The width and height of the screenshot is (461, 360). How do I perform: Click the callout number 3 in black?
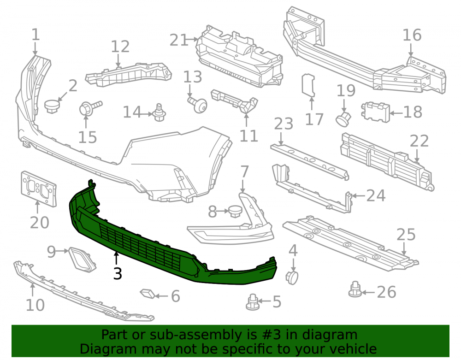click(x=118, y=274)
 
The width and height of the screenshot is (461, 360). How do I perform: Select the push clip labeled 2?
click(x=52, y=106)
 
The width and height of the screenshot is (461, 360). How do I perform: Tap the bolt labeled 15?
click(x=90, y=108)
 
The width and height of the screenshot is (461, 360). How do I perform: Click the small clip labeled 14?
click(x=160, y=113)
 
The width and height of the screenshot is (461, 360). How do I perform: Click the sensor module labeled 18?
click(x=375, y=112)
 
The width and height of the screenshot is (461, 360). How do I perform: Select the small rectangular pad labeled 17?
click(x=308, y=85)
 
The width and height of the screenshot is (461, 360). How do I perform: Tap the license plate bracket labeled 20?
click(x=39, y=189)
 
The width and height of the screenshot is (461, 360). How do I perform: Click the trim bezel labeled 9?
click(x=82, y=260)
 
